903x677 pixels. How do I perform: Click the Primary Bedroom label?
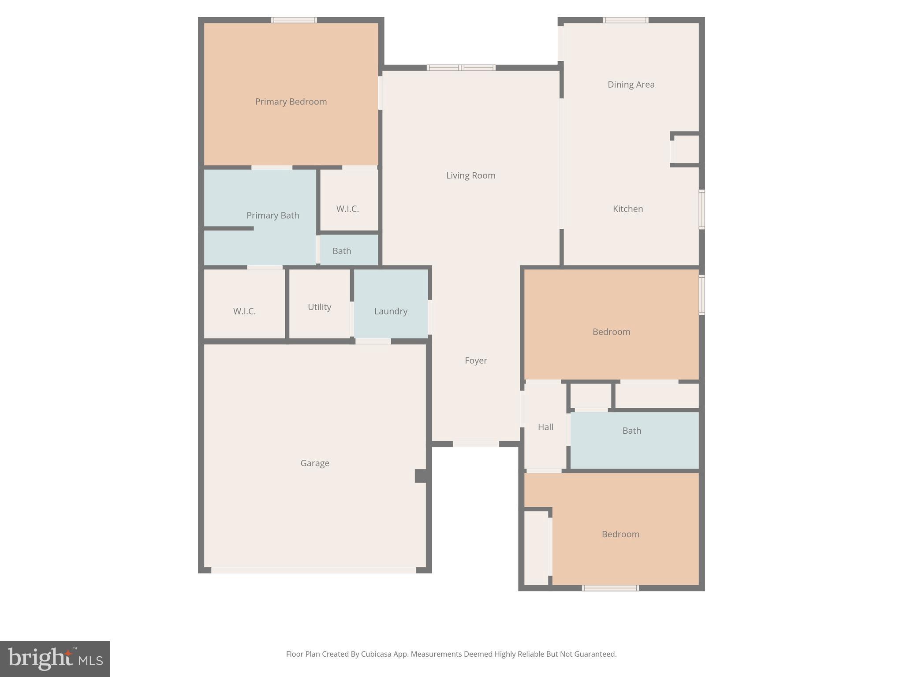[291, 102]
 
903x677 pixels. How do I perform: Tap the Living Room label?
[470, 175]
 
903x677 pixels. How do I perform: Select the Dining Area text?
[631, 85]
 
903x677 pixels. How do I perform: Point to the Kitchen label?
[627, 209]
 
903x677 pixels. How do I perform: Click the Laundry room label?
[391, 311]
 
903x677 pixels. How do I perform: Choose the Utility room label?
[319, 307]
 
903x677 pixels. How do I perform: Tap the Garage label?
[315, 463]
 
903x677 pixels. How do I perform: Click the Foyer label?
[476, 361]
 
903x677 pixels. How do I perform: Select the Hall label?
[545, 427]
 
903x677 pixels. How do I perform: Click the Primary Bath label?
[272, 216]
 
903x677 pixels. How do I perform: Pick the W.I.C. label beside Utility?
[244, 311]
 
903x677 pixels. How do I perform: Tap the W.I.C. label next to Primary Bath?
[347, 209]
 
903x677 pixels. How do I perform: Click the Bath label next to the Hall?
[631, 431]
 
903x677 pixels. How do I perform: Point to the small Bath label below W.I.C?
[342, 251]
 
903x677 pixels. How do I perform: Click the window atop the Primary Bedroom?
[294, 20]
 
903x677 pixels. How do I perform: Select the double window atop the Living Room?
[461, 67]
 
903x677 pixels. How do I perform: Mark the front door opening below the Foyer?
[476, 444]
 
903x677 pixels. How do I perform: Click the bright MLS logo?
[55, 658]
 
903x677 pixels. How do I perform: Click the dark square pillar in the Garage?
[420, 476]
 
